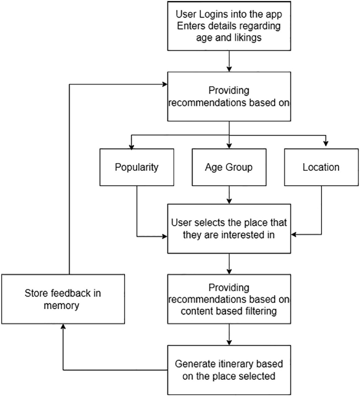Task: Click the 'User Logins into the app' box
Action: click(229, 26)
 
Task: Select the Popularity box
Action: click(137, 168)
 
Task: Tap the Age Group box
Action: click(229, 168)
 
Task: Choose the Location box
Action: click(321, 168)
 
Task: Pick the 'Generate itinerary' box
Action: click(229, 370)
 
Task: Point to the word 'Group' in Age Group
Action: click(241, 168)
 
